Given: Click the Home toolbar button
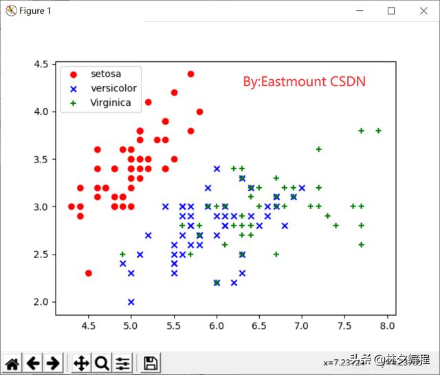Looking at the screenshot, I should [x=12, y=363].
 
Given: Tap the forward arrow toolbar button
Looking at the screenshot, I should [x=53, y=363].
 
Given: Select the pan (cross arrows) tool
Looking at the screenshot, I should [x=81, y=363].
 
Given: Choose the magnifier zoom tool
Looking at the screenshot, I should [x=102, y=363].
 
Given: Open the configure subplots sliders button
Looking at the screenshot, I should [x=123, y=363].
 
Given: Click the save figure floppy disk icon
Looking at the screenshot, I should [x=151, y=363].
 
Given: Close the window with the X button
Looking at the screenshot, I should [x=423, y=11].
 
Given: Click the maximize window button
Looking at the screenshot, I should [x=391, y=11].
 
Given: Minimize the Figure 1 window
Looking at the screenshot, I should [x=359, y=11].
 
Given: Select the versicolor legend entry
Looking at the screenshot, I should [x=113, y=88].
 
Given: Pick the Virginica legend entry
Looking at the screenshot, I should [x=111, y=103].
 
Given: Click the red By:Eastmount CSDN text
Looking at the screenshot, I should [x=304, y=82].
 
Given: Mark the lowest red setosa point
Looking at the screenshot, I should [x=89, y=273].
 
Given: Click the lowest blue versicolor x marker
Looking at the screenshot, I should [x=131, y=301].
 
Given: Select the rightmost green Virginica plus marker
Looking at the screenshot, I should [x=378, y=130].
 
